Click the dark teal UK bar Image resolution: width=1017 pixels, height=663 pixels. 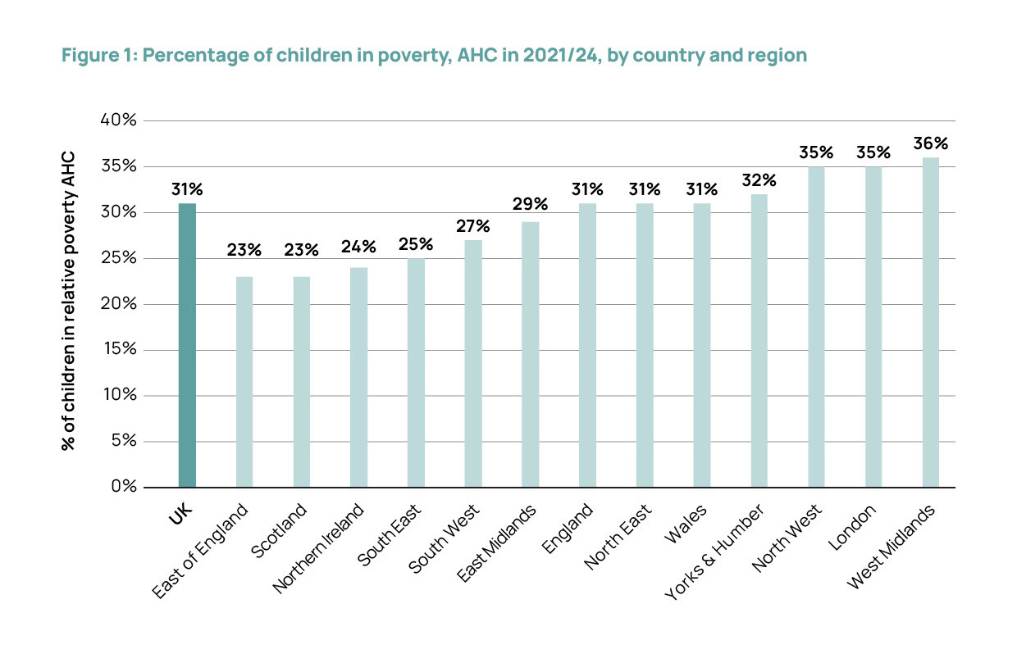coord(187,345)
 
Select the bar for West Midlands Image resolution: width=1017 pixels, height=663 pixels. coord(931,322)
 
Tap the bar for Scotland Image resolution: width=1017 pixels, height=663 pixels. coord(301,382)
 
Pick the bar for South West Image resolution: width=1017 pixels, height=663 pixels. coord(473,363)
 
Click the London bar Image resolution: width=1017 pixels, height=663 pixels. coord(873,327)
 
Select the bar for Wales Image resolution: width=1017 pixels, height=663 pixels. coord(702,345)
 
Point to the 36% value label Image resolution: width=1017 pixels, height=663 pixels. coord(931,144)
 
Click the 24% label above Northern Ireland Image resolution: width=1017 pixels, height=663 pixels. coord(358,247)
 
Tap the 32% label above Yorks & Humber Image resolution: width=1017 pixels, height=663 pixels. coord(759,180)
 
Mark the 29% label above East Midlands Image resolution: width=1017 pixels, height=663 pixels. coord(531,202)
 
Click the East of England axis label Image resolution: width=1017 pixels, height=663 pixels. coord(201,553)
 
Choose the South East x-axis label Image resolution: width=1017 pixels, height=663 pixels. coord(391,537)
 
